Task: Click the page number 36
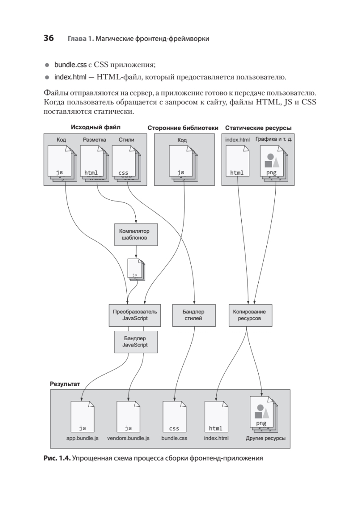[48, 39]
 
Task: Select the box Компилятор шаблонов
[136, 235]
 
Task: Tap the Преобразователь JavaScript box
[135, 315]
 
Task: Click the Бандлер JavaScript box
[135, 342]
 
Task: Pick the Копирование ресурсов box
[250, 315]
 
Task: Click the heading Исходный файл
[95, 127]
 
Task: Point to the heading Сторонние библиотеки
[183, 128]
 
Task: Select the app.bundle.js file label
[82, 438]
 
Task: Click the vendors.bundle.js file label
[128, 438]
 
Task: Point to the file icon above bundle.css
[174, 417]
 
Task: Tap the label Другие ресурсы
[265, 438]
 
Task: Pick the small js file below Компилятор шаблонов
[135, 269]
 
